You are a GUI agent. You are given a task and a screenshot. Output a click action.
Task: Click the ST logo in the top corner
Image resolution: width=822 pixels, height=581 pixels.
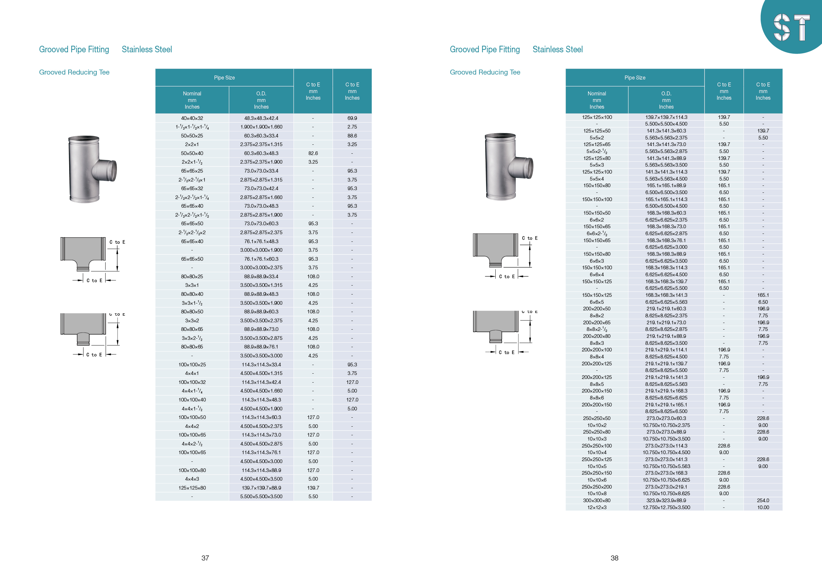pyautogui.click(x=792, y=27)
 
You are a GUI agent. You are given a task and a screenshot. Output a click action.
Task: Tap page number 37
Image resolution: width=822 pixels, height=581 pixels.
pyautogui.click(x=205, y=558)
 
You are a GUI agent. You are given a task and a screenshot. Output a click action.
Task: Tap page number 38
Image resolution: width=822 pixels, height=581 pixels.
pyautogui.click(x=614, y=558)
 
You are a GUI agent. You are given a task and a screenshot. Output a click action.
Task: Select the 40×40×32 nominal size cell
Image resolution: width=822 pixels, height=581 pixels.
pyautogui.click(x=192, y=118)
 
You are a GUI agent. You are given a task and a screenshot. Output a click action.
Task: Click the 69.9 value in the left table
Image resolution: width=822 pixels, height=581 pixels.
pyautogui.click(x=352, y=118)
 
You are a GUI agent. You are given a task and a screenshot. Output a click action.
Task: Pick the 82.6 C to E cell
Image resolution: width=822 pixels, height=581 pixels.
pyautogui.click(x=313, y=153)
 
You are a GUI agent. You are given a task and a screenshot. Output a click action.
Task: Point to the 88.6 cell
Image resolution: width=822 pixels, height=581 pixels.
pyautogui.click(x=352, y=136)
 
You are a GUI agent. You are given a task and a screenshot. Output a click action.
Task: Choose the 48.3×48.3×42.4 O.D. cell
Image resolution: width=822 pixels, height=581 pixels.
pyautogui.click(x=261, y=118)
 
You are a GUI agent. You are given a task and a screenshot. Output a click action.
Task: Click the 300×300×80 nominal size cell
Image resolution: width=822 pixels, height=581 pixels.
pyautogui.click(x=596, y=501)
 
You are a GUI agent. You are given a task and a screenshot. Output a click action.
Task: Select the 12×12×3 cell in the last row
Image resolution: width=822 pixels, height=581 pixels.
pyautogui.click(x=596, y=507)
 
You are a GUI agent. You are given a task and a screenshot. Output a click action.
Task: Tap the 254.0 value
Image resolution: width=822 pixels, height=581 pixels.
pyautogui.click(x=763, y=501)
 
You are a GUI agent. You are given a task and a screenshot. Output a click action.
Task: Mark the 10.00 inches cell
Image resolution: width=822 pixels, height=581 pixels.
pyautogui.click(x=763, y=507)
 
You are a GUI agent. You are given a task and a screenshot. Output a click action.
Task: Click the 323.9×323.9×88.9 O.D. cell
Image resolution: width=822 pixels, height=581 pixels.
pyautogui.click(x=666, y=501)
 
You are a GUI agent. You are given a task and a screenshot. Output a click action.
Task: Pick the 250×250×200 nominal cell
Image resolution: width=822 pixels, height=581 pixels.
pyautogui.click(x=596, y=487)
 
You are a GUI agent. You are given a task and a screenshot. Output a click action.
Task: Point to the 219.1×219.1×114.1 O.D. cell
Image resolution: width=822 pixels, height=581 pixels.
pyautogui.click(x=666, y=350)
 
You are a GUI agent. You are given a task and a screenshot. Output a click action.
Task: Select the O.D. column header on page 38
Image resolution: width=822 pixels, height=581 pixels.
pyautogui.click(x=666, y=100)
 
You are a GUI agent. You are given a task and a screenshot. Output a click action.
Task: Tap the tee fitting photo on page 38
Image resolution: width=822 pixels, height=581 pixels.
pyautogui.click(x=508, y=167)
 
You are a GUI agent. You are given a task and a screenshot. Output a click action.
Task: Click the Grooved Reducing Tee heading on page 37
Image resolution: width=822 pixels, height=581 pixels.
pyautogui.click(x=74, y=72)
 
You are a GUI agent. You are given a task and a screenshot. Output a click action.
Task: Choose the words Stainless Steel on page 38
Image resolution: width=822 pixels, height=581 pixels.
pyautogui.click(x=557, y=49)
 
